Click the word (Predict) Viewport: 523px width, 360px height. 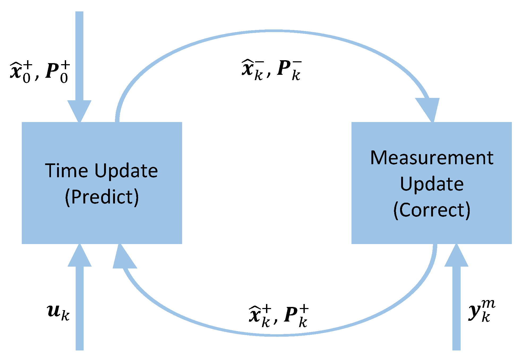pyautogui.click(x=102, y=197)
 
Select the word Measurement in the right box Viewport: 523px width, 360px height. pyautogui.click(x=432, y=158)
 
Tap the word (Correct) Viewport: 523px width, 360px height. pyautogui.click(x=432, y=210)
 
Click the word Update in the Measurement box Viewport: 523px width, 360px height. pyautogui.click(x=432, y=184)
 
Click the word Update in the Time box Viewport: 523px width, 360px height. pyautogui.click(x=126, y=171)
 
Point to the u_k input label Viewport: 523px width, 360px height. pyautogui.click(x=58, y=312)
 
